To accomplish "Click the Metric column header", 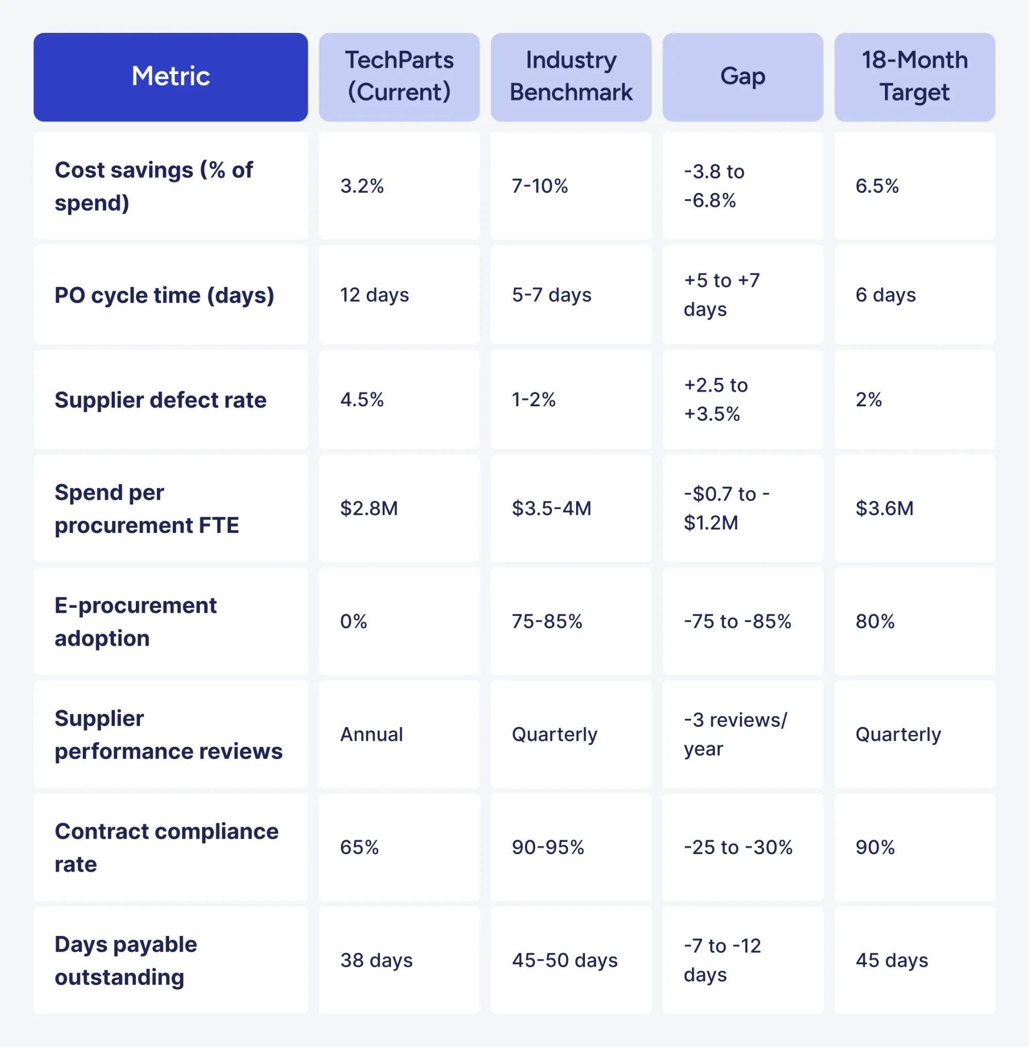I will pos(171,77).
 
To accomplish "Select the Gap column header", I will pos(742,77).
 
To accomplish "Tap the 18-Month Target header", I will pos(914,77).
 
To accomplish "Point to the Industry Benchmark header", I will pos(571,77).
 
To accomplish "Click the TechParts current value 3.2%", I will pos(362,186).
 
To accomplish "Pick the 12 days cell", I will pos(375,295).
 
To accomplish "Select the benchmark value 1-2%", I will pos(534,400).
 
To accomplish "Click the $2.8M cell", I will pos(369,509).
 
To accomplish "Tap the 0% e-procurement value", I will pos(353,621).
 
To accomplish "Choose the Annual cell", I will pos(372,734).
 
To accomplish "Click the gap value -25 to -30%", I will pos(738,847).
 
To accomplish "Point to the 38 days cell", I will pos(376,960).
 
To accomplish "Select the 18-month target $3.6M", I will pos(884,509).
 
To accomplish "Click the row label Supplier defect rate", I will pos(161,400).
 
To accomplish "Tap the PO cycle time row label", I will pos(164,296).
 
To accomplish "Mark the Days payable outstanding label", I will pos(126,961).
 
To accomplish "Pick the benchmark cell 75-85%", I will pos(547,621).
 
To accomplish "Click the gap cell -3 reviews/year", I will pos(735,734).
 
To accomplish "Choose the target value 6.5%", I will pos(877,186).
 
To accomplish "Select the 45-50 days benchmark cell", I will pos(565,960).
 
